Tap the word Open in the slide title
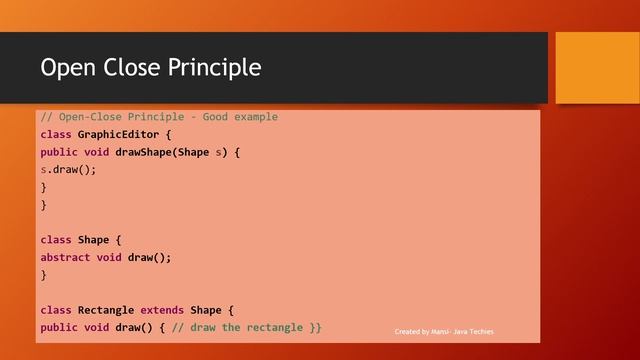point(66,68)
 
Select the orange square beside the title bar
point(596,67)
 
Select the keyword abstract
point(65,257)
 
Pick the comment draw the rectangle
point(246,327)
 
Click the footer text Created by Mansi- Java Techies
point(444,332)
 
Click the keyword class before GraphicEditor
point(56,135)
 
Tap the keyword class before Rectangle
point(56,310)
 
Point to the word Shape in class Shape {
point(93,240)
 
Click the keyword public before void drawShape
point(59,152)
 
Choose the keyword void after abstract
point(108,257)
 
